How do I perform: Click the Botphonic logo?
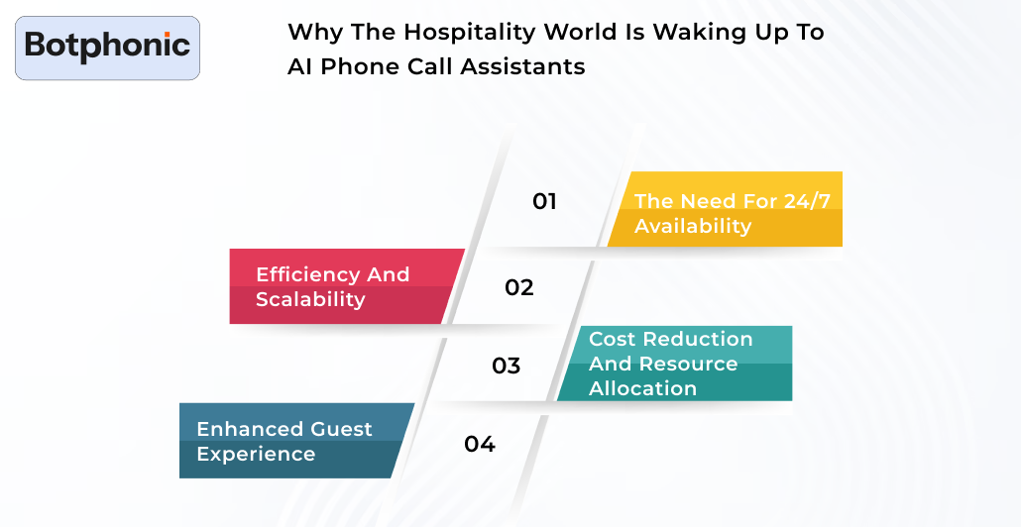(107, 46)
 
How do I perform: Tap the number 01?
(544, 201)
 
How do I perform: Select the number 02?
(518, 287)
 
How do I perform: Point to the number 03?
(506, 366)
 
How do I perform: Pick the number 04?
(479, 444)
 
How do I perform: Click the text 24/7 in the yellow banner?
(807, 201)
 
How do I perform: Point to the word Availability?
(693, 226)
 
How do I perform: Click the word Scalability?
(310, 299)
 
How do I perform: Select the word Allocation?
(642, 388)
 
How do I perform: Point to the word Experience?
(256, 454)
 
